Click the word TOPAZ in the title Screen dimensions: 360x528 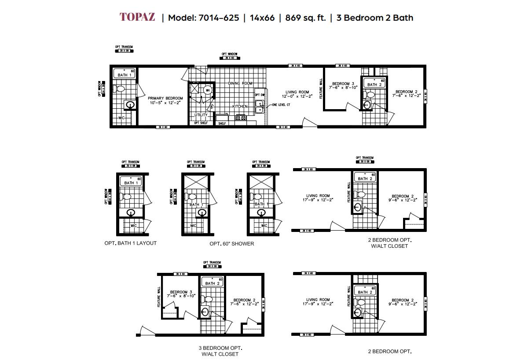137,18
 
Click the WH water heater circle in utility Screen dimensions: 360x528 208,90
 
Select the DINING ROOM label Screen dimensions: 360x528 240,83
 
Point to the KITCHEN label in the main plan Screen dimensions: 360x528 240,107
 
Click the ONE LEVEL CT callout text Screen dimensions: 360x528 281,105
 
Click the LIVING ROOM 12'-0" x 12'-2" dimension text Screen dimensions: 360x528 297,96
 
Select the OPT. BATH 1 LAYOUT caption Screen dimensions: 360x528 130,243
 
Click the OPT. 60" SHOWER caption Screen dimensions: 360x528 231,243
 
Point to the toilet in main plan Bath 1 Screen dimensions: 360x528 120,89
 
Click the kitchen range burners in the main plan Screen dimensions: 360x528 241,118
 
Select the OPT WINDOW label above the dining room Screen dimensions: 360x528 229,54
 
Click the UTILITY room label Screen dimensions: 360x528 201,115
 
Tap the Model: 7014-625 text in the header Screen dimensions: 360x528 203,18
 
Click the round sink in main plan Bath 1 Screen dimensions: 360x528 130,105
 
